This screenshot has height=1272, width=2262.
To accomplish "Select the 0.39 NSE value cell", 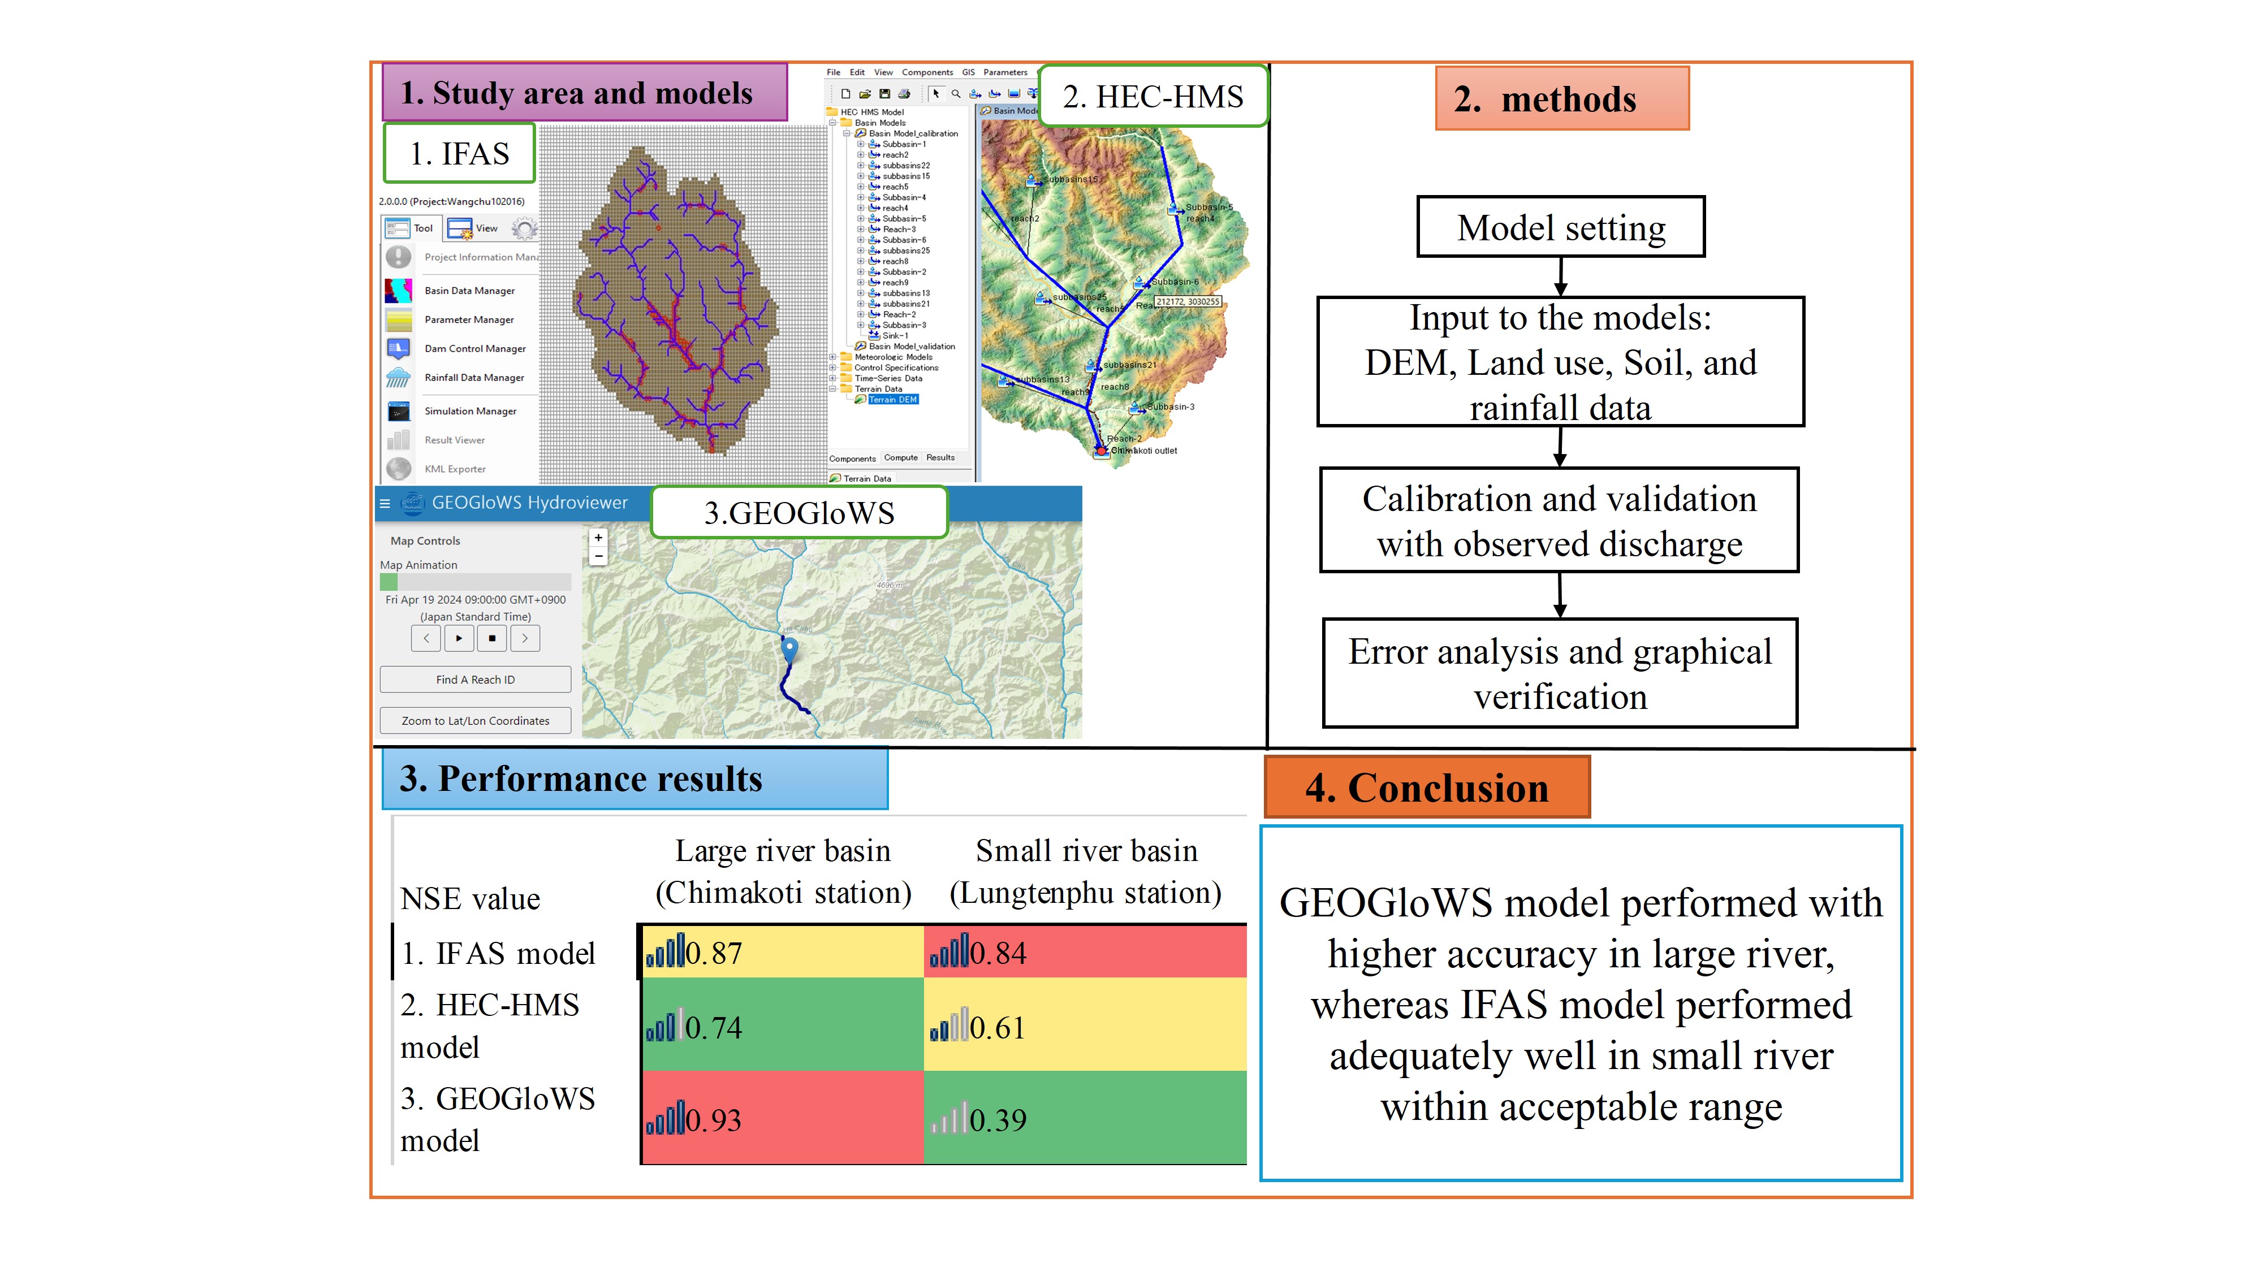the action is (1085, 1119).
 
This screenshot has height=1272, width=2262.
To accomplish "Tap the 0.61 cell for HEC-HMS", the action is (1085, 1026).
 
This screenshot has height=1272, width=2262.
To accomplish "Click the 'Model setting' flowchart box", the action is (1560, 227).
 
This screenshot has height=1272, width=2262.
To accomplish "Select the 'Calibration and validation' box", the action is (1560, 521).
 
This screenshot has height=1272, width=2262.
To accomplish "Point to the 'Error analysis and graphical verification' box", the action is (1560, 673).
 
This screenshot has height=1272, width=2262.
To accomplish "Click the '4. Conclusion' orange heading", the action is (1426, 788).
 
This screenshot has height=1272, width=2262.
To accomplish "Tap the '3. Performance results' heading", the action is (634, 778).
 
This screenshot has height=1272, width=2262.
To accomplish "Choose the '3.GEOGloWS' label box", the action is (799, 513).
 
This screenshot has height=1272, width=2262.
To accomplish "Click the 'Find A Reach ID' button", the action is (475, 680).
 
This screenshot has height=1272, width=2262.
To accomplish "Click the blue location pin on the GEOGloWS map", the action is (789, 649).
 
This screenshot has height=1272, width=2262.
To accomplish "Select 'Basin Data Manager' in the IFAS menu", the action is (469, 291).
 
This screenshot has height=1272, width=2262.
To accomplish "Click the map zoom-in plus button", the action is (598, 537).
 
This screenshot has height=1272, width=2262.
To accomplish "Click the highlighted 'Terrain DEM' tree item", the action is (892, 400).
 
